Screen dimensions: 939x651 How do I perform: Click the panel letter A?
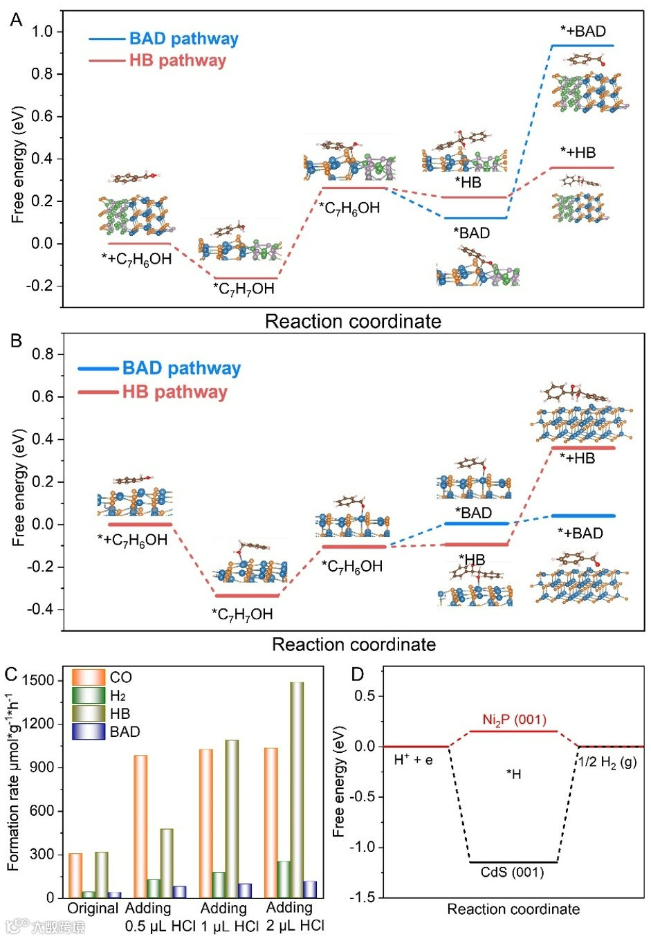pyautogui.click(x=16, y=20)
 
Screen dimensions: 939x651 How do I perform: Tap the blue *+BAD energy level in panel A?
pyautogui.click(x=582, y=46)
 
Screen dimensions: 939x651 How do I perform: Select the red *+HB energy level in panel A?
pyautogui.click(x=582, y=167)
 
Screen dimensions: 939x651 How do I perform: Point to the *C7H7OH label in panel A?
pyautogui.click(x=244, y=289)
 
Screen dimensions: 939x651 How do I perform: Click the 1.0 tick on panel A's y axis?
pyautogui.click(x=42, y=31)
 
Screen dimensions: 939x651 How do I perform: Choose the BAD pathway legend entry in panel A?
pyautogui.click(x=183, y=39)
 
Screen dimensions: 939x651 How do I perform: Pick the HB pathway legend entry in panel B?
pyautogui.click(x=174, y=392)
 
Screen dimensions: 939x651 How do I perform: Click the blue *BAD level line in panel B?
pyautogui.click(x=476, y=523)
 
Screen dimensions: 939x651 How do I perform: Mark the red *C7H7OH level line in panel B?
pyautogui.click(x=247, y=595)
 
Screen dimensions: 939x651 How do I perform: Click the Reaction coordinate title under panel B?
pyautogui.click(x=354, y=645)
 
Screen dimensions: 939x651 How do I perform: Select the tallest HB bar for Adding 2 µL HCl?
pyautogui.click(x=296, y=790)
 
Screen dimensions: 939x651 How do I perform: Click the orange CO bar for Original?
pyautogui.click(x=75, y=875)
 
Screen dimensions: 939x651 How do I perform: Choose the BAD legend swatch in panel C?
pyautogui.click(x=89, y=731)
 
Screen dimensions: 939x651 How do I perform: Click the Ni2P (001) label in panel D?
pyautogui.click(x=514, y=720)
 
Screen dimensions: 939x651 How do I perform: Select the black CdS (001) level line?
pyautogui.click(x=513, y=862)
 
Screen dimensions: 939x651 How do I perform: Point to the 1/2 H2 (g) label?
pyautogui.click(x=607, y=762)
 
